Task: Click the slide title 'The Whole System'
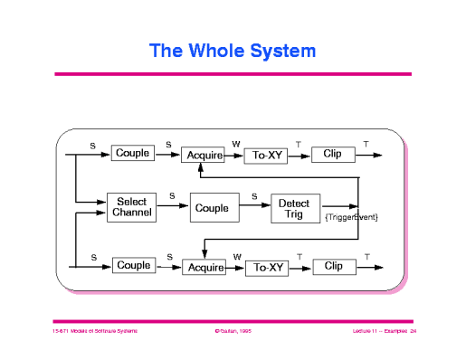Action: (x=233, y=51)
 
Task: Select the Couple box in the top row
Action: (x=133, y=154)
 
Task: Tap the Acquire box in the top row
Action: (x=204, y=156)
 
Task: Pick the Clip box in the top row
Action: (x=333, y=155)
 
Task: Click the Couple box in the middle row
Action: (x=214, y=208)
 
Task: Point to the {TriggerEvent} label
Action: (x=350, y=218)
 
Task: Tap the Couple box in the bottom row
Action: (x=133, y=266)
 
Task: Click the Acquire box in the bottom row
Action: (x=204, y=268)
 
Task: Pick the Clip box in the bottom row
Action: (x=334, y=267)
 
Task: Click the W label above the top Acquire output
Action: (x=236, y=144)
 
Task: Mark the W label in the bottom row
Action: (x=237, y=257)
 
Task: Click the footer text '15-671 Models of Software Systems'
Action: (x=95, y=332)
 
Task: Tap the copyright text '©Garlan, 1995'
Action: (x=233, y=332)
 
